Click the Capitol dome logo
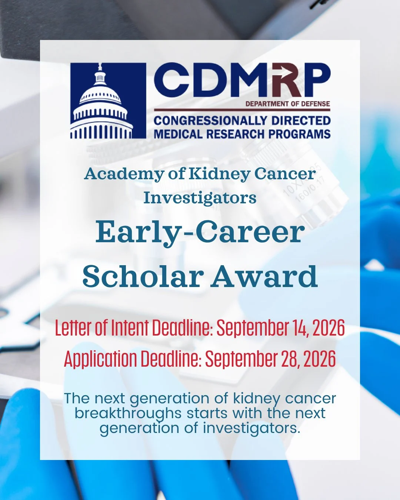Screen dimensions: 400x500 108,101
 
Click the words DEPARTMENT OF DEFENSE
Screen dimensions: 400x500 288,104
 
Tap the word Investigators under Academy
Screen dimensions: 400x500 200,198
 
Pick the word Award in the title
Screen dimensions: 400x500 264,277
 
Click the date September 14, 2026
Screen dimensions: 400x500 280,328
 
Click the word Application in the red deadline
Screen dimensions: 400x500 100,359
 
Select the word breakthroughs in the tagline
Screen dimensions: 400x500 128,413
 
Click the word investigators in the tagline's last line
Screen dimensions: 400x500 250,428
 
